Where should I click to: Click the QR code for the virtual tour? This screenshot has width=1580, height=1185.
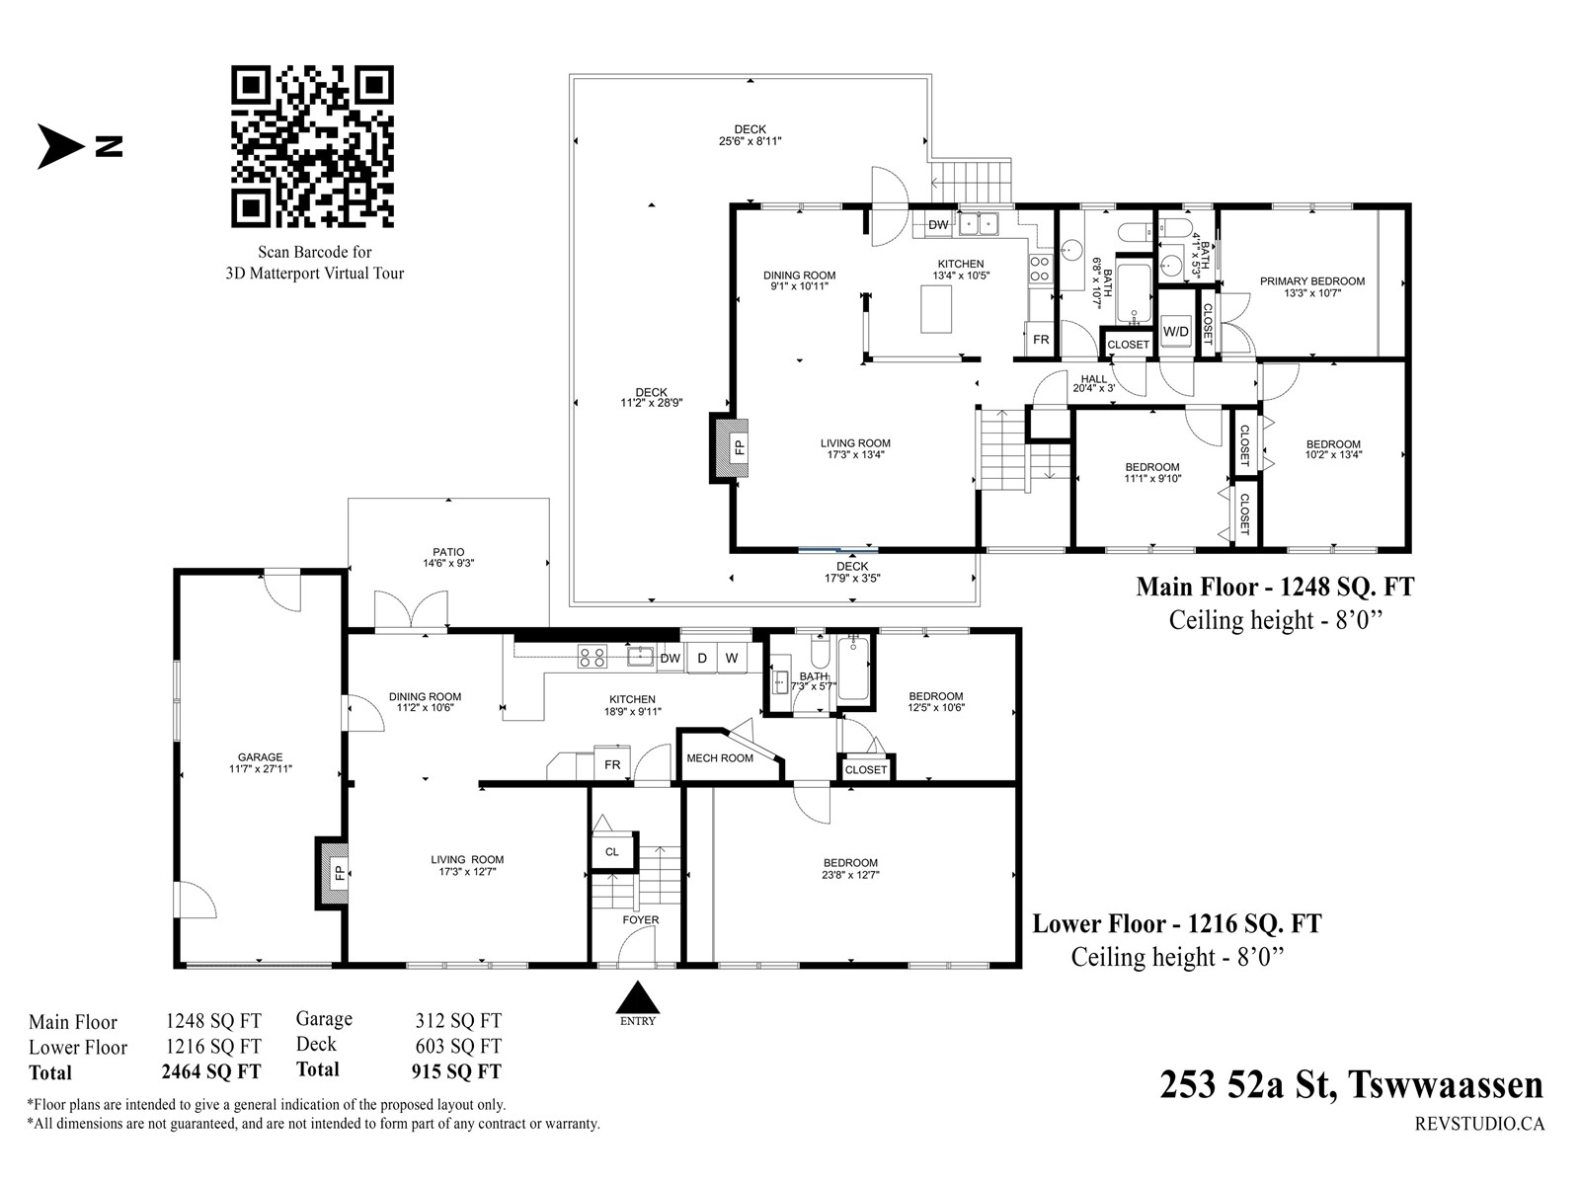point(312,147)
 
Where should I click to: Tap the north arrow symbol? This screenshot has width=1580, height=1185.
point(61,147)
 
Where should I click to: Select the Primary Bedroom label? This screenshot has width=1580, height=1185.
point(1312,281)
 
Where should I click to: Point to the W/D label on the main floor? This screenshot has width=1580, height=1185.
point(1175,332)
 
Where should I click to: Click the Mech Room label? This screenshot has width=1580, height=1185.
point(720,758)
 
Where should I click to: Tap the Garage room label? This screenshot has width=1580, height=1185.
point(261,756)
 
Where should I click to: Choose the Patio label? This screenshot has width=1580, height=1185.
point(448,553)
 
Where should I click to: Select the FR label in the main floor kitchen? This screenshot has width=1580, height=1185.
point(1041,340)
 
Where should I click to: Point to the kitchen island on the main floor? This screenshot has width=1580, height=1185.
point(936,309)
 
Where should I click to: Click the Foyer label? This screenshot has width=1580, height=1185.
point(641,919)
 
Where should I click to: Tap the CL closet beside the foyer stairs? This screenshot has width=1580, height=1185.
point(612,852)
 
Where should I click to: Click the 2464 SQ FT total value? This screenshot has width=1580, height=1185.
point(211,1071)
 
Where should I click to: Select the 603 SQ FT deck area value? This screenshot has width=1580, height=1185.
point(458,1046)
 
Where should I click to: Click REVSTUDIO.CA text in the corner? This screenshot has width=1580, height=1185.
point(1479,1123)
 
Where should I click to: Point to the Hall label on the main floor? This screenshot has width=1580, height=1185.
point(1093,379)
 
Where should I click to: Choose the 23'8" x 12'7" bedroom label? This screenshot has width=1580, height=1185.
point(851,875)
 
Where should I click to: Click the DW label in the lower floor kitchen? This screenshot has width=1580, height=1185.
point(671,659)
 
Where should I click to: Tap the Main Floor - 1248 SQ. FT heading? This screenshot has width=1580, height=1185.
point(1275,588)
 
